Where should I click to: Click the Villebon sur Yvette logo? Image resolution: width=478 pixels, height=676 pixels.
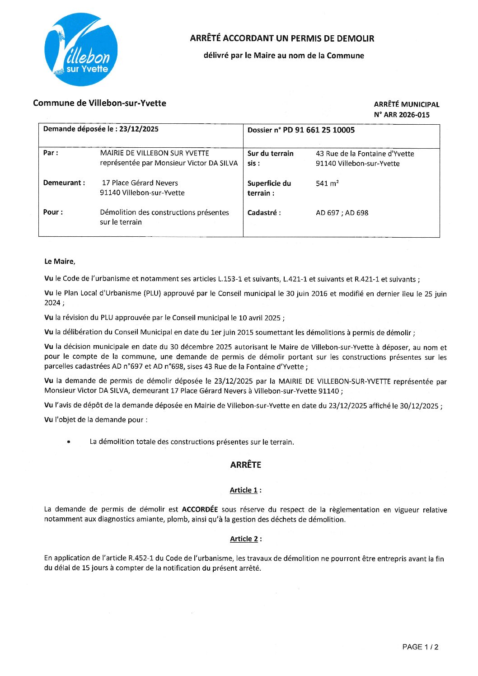[81, 49]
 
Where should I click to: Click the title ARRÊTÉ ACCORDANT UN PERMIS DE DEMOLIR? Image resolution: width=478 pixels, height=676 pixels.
[282, 38]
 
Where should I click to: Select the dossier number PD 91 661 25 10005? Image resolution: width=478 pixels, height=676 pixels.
[319, 130]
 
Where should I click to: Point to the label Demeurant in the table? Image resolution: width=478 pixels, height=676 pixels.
[64, 183]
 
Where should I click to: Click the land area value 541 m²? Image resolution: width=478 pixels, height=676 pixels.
[327, 183]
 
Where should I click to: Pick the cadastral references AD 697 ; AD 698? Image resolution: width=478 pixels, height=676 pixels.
[342, 213]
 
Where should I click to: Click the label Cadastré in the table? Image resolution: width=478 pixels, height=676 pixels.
[264, 213]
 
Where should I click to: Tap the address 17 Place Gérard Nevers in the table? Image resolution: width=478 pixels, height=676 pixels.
[140, 183]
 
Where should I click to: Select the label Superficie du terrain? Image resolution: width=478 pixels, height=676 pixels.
[269, 188]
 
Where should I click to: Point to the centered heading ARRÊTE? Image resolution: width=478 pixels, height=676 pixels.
[245, 465]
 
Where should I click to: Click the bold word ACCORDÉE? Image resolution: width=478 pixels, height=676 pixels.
[200, 509]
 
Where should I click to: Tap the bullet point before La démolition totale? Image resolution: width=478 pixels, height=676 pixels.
[69, 442]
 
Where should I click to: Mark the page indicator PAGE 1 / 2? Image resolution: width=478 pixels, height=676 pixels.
[420, 647]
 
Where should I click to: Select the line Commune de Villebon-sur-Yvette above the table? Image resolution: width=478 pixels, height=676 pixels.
[99, 103]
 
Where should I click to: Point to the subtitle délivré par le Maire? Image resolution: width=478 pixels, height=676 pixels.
[284, 56]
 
